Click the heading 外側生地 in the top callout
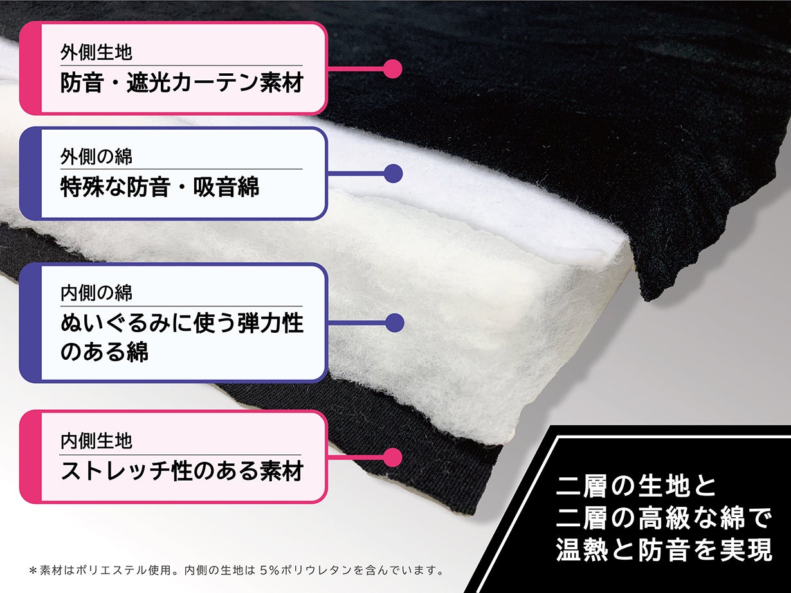96,53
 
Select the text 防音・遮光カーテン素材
181,83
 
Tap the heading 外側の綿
96,157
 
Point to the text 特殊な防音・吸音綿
159,186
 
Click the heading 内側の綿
96,293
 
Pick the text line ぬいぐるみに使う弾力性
182,323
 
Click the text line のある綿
105,351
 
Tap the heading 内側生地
96,441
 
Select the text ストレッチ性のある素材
182,472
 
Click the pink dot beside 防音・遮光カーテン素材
392,69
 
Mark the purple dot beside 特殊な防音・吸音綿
393,173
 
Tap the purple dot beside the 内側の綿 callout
395,323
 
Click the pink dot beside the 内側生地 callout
392,457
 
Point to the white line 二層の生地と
637,487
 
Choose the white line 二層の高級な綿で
664,518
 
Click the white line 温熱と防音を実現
664,550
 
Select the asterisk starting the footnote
33,571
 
